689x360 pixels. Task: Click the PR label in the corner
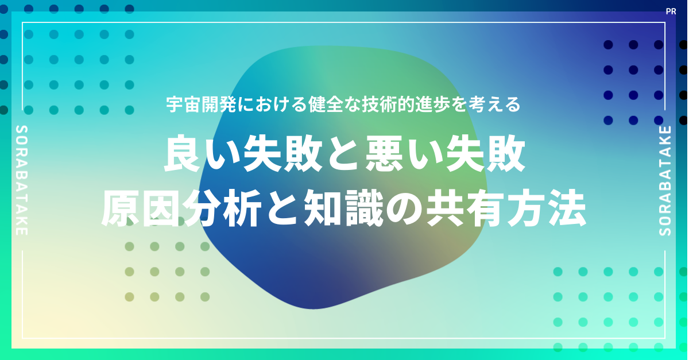point(671,11)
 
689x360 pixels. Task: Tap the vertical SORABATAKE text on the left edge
point(22,180)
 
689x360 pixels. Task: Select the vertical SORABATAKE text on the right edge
point(665,181)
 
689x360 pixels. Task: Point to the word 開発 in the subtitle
point(219,104)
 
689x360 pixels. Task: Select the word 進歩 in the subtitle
point(432,104)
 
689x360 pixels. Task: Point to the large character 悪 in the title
point(384,154)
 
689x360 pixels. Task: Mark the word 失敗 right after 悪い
point(485,154)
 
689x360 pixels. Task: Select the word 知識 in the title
point(344,208)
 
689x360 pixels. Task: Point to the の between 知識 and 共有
point(405,209)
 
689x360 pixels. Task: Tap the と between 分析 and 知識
point(283,209)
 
